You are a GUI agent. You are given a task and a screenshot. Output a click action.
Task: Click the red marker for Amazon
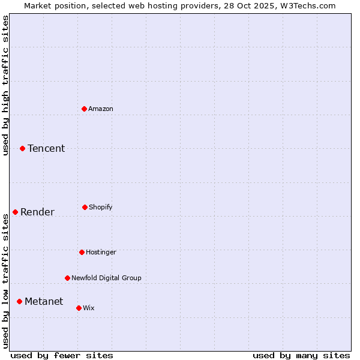pyautogui.click(x=84, y=109)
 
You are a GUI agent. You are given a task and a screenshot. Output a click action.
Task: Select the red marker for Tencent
pyautogui.click(x=22, y=148)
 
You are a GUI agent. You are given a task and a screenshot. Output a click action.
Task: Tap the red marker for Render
pyautogui.click(x=15, y=212)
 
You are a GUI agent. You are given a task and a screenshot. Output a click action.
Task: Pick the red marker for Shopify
pyautogui.click(x=85, y=207)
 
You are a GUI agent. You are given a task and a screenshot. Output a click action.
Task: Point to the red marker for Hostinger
pyautogui.click(x=82, y=252)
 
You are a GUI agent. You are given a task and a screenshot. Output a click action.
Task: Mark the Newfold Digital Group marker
pyautogui.click(x=67, y=278)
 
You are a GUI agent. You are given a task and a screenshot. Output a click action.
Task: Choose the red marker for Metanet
pyautogui.click(x=19, y=301)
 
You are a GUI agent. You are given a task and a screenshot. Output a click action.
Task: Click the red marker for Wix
pyautogui.click(x=79, y=308)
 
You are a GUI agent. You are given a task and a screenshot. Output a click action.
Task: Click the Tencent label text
pyautogui.click(x=46, y=148)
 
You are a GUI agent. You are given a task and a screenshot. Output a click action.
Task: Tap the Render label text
pyautogui.click(x=37, y=212)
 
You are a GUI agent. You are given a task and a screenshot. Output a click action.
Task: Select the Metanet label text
pyautogui.click(x=44, y=301)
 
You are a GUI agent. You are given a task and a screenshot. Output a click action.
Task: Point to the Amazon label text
pyautogui.click(x=101, y=109)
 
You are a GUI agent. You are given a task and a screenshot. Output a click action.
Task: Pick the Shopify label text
pyautogui.click(x=101, y=207)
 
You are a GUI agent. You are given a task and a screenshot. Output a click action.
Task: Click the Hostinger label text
pyautogui.click(x=101, y=252)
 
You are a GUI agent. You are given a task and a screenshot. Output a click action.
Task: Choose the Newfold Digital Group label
pyautogui.click(x=107, y=278)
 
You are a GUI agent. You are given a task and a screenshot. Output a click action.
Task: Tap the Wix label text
pyautogui.click(x=89, y=308)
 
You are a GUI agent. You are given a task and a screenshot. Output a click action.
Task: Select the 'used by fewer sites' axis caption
pyautogui.click(x=62, y=355)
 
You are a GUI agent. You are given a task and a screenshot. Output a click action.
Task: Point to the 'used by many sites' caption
pyautogui.click(x=301, y=355)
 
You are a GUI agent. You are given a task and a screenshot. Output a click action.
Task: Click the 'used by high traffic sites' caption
pyautogui.click(x=5, y=85)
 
